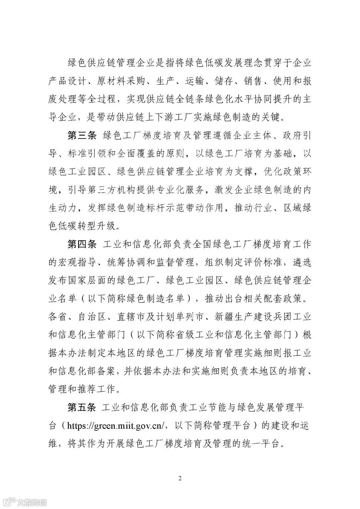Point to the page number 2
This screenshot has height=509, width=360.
pyautogui.click(x=180, y=479)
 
